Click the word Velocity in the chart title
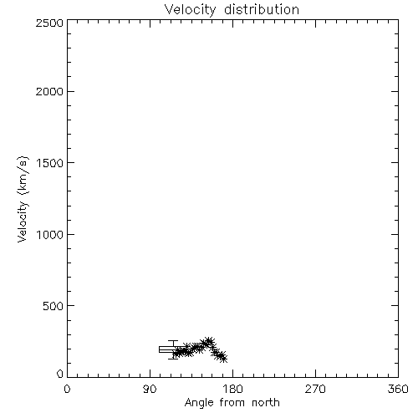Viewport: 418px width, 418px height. point(190,10)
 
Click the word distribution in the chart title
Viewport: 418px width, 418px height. point(262,9)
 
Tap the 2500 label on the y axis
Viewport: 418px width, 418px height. point(49,23)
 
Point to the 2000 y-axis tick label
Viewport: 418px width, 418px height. point(49,91)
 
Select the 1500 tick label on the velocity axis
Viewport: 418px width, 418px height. point(50,163)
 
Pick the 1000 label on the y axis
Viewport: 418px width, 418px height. point(50,235)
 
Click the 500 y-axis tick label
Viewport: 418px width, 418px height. point(54,306)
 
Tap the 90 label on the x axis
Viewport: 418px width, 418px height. point(150,389)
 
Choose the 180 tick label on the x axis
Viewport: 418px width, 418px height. point(232,389)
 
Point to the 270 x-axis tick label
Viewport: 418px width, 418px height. point(315,389)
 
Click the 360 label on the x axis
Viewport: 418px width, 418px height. point(398,389)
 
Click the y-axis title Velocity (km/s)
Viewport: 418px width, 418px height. point(23,199)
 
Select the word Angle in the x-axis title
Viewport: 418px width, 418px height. point(199,403)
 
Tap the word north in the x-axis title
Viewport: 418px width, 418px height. point(266,403)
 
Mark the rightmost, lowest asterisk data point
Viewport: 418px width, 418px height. point(223,359)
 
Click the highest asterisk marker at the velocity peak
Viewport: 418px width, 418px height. point(209,341)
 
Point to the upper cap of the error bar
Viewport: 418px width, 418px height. point(173,341)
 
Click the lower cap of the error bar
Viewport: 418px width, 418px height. point(173,359)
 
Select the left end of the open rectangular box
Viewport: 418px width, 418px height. point(159,349)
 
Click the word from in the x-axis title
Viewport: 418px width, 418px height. point(232,403)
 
